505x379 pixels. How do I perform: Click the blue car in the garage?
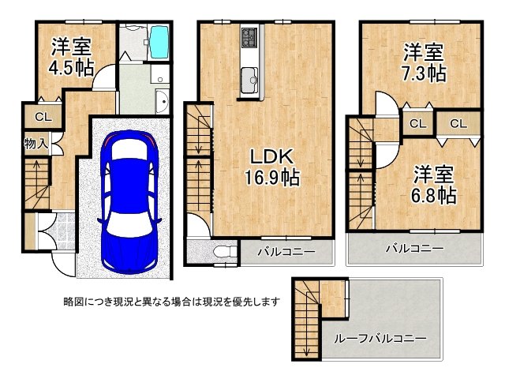tap(129, 202)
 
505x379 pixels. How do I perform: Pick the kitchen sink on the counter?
tap(249, 79)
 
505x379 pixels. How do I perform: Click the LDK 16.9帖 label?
tap(272, 167)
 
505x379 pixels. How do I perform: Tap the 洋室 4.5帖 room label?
tap(72, 57)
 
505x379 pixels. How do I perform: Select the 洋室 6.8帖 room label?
tap(433, 184)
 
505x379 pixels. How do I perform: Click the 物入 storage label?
tap(36, 144)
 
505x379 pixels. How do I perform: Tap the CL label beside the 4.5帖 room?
tap(43, 117)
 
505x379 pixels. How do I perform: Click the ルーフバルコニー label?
tap(380, 339)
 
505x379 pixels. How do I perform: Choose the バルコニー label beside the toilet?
tap(286, 251)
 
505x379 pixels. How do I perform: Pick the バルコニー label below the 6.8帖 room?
tap(415, 248)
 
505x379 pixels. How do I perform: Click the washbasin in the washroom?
tap(162, 102)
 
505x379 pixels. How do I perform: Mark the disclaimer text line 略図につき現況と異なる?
tap(171, 302)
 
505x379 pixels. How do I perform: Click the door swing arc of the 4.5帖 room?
tap(100, 73)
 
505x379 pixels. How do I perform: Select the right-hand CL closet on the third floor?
tap(458, 123)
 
